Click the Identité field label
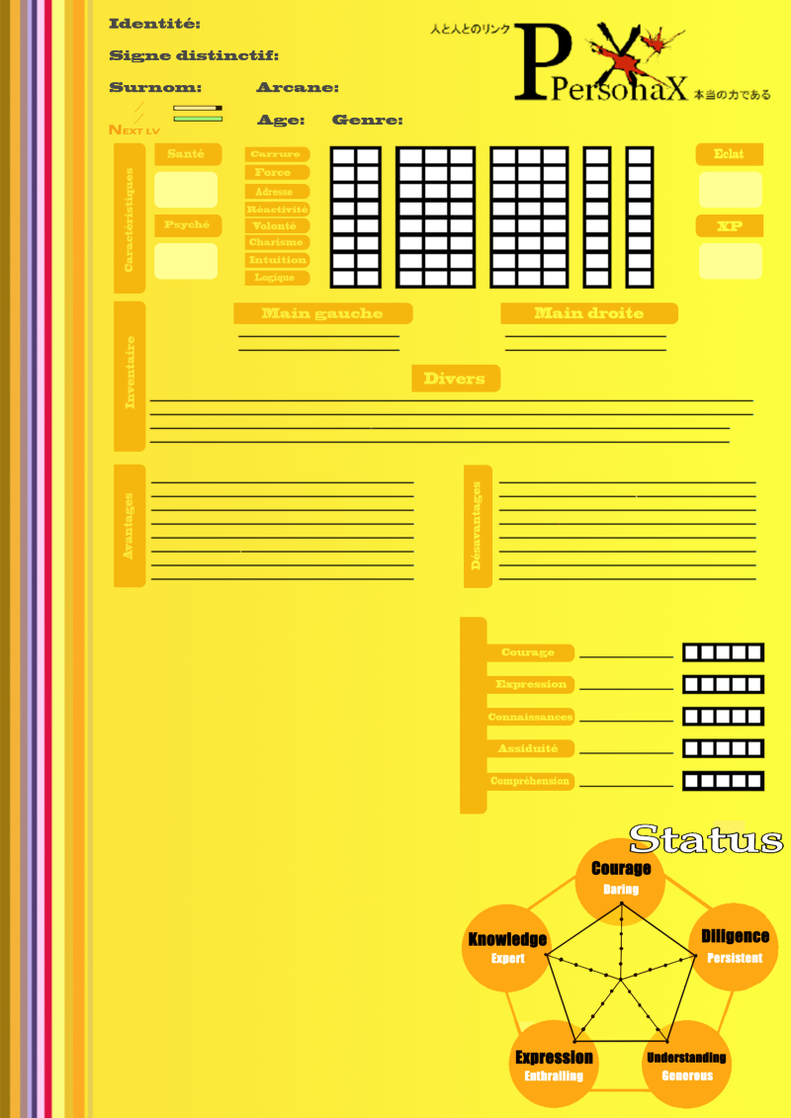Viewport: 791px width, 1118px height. (154, 24)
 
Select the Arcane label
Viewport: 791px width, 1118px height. (298, 88)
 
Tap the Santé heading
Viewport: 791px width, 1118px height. (186, 154)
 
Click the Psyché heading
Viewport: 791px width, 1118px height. (186, 225)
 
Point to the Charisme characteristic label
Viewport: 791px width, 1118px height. (277, 243)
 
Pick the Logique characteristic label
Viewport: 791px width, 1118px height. (276, 278)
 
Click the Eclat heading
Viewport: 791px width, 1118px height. (731, 154)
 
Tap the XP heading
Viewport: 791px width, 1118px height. (731, 226)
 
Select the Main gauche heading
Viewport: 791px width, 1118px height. (322, 313)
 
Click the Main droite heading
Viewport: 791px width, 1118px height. (589, 313)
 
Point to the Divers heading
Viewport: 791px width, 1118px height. (455, 379)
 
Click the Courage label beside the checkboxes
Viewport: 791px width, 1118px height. (529, 652)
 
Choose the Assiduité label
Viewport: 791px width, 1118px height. (529, 749)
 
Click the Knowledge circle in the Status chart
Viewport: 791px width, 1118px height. (507, 947)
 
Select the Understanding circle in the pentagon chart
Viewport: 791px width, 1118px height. (686, 1066)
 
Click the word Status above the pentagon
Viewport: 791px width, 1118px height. (706, 839)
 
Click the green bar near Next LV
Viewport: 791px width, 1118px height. (198, 119)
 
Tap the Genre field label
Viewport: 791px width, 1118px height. (367, 121)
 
